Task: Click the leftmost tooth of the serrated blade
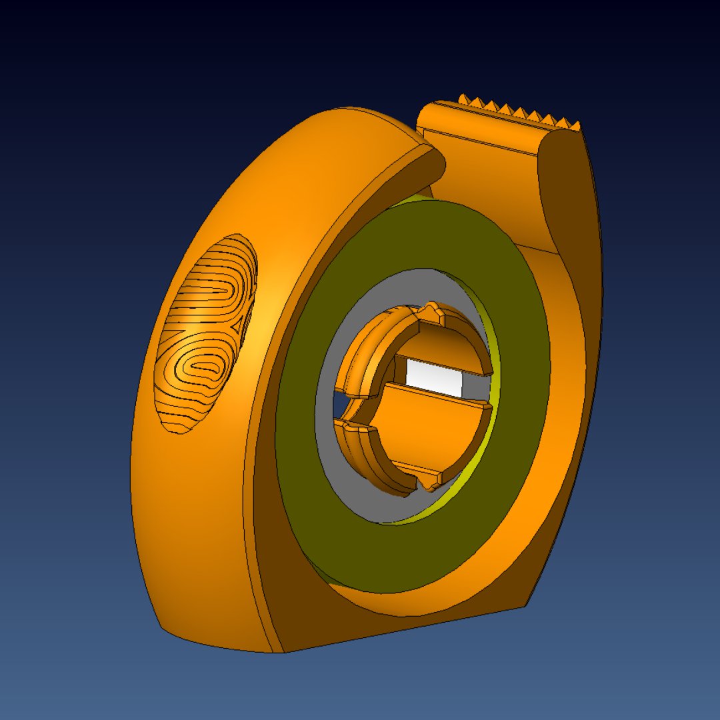click(462, 99)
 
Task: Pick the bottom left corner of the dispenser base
click(163, 627)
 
